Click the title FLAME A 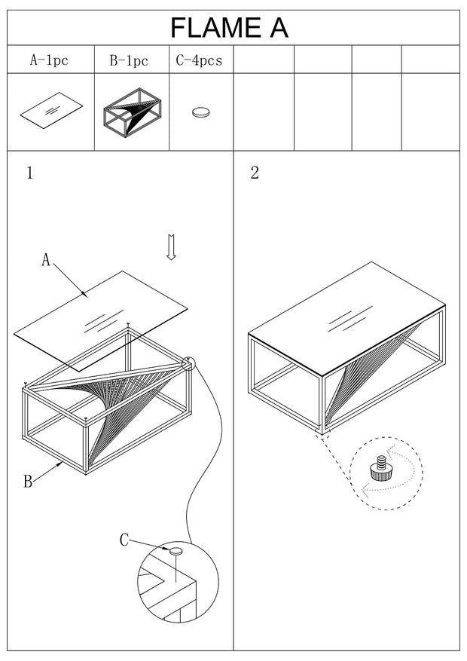(229, 28)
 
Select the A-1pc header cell (49, 60)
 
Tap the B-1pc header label (129, 60)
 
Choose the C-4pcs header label (199, 60)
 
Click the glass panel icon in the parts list (50, 112)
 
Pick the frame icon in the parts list (132, 112)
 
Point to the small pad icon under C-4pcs (201, 112)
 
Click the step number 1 (29, 173)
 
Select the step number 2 (255, 173)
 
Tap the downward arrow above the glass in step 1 (171, 246)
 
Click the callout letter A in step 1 (46, 260)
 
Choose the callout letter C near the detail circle (125, 540)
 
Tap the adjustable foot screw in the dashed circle (379, 469)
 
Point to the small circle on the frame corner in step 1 (187, 363)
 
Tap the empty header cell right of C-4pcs (263, 60)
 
